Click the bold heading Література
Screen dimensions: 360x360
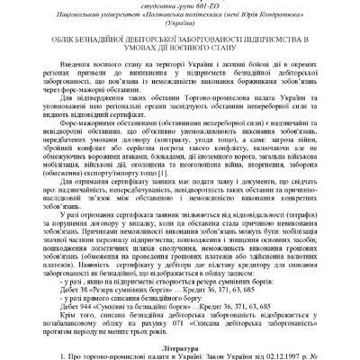coord(179,346)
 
